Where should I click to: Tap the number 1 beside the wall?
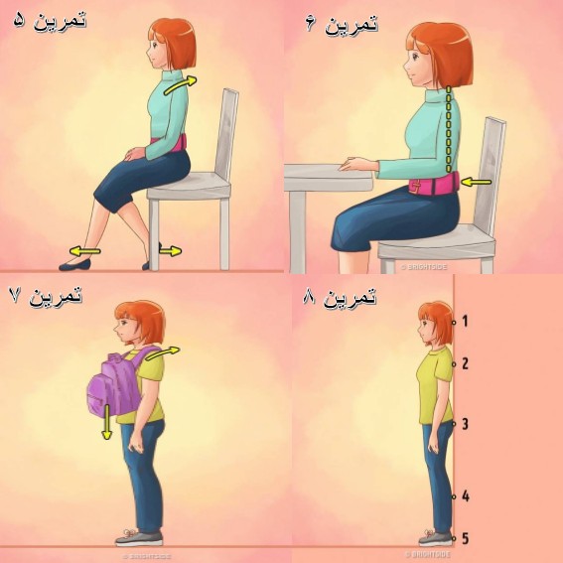(465, 321)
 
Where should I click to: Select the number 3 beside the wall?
(465, 424)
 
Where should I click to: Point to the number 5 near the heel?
(465, 538)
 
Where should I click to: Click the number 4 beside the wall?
(466, 496)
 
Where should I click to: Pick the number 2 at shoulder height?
(465, 363)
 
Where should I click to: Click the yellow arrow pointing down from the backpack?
(106, 422)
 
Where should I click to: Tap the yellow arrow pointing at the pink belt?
(476, 182)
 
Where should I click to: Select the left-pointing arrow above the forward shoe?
(84, 251)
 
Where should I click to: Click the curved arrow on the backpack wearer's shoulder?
(162, 352)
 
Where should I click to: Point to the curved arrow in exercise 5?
(181, 85)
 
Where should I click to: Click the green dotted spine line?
(449, 129)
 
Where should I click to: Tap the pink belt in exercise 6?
(434, 185)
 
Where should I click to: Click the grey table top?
(329, 178)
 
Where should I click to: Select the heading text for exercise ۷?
(46, 296)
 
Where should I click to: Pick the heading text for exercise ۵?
(51, 21)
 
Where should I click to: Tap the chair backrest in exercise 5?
(226, 135)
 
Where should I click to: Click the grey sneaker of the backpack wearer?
(139, 538)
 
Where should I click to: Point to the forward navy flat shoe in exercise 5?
(74, 265)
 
